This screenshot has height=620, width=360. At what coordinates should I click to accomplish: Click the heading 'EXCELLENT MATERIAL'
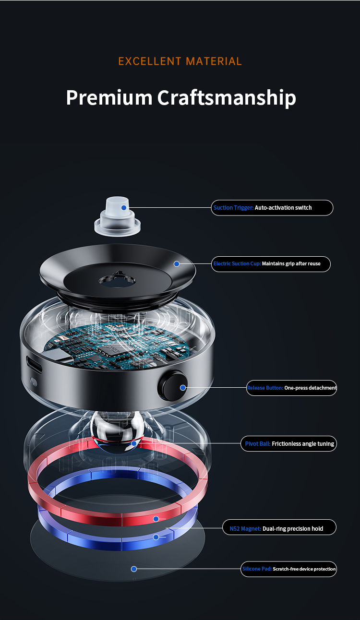[180, 61]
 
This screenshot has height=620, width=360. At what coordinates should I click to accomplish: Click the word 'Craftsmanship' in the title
[227, 98]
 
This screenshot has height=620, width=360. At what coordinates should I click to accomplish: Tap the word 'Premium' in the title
[109, 97]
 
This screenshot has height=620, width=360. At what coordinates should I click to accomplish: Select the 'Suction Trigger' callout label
[272, 208]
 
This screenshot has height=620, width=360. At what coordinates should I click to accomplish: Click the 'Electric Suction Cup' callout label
[271, 264]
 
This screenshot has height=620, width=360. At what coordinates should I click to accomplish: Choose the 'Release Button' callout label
[292, 388]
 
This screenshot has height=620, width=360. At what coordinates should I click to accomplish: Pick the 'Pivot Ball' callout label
[288, 444]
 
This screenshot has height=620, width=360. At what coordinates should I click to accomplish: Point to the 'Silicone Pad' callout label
[288, 569]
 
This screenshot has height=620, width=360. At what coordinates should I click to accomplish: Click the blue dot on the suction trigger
[124, 208]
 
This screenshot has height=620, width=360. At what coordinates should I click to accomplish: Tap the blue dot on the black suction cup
[177, 264]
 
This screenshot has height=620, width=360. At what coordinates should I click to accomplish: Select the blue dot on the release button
[183, 388]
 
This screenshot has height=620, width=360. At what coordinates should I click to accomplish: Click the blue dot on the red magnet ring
[156, 519]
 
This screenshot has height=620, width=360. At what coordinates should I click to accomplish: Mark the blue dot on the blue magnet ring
[156, 537]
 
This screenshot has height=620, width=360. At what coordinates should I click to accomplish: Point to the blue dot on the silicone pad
[134, 569]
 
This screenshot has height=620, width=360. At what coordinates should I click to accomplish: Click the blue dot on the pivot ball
[134, 443]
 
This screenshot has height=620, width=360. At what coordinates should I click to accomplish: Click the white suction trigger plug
[118, 217]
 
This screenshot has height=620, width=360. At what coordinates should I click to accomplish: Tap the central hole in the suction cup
[117, 281]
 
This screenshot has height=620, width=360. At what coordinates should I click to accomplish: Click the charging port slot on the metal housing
[34, 364]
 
